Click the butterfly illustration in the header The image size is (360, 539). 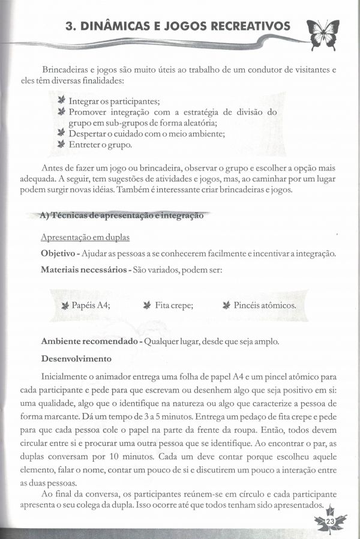point(322,33)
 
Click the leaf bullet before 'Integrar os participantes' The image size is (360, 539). point(61,101)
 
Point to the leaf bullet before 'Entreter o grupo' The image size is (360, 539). point(61,145)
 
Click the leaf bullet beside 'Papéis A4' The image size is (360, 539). point(65,305)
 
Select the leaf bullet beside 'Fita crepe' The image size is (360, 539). point(147,305)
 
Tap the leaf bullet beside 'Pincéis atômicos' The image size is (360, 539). point(226,305)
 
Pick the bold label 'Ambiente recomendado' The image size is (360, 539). point(89,341)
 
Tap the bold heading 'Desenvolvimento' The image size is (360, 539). point(76,359)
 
